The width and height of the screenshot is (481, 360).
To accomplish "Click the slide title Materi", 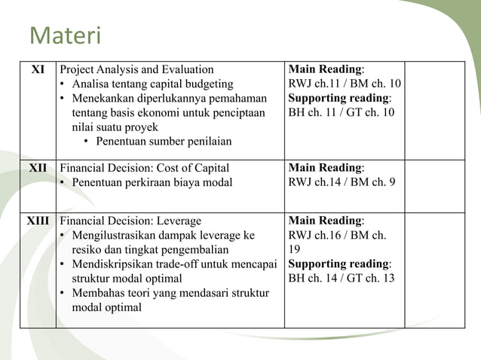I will (65, 36).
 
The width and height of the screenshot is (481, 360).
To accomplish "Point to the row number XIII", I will (38, 221).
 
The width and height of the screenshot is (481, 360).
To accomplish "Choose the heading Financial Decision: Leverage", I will (130, 221).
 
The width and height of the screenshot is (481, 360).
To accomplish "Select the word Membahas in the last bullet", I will (95, 293).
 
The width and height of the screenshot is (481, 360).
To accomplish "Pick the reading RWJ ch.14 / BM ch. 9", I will (342, 183).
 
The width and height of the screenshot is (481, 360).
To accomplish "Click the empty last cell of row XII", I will (434, 185).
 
